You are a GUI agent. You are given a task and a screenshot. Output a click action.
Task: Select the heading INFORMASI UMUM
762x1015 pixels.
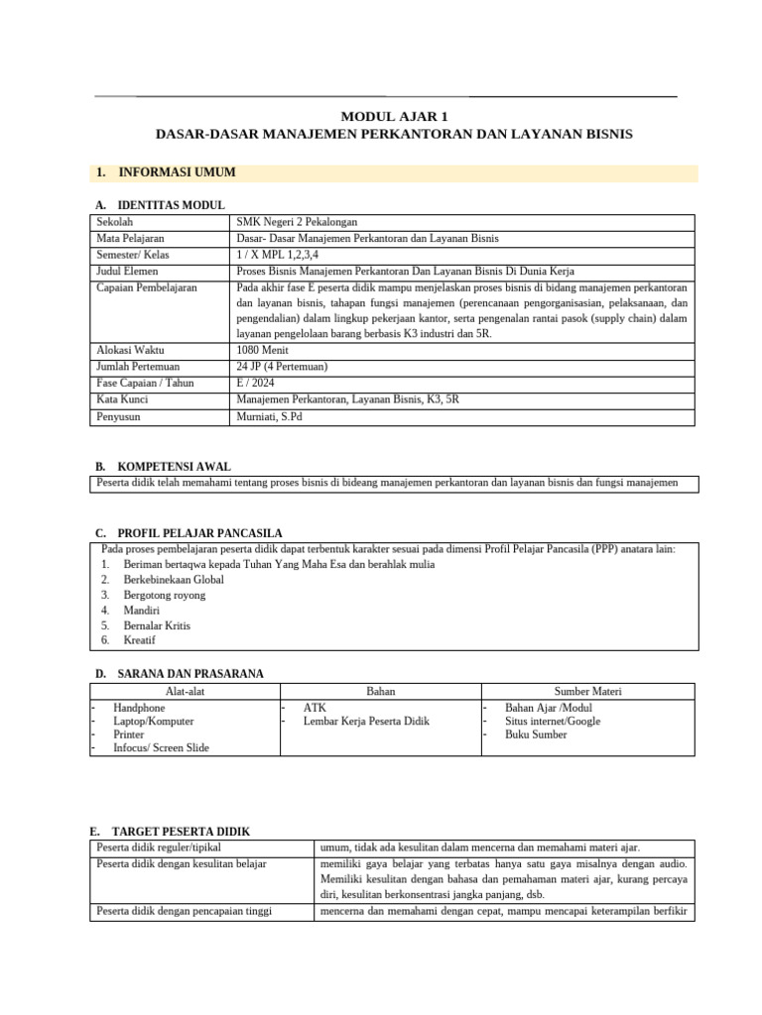177,172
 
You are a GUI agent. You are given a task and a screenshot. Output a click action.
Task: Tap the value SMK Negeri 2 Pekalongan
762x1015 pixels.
298,223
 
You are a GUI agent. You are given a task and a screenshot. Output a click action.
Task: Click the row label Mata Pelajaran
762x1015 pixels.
130,239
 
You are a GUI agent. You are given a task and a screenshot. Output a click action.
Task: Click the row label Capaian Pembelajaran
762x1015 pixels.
147,287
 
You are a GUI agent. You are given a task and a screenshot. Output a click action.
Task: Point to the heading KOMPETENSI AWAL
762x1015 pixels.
175,466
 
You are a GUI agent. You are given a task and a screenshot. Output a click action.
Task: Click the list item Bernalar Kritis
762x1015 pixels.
157,626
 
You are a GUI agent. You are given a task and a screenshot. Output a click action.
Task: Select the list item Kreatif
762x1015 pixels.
140,641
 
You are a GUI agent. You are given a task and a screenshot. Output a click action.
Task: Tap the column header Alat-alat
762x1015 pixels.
183,691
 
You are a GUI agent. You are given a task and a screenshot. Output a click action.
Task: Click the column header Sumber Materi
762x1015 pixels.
587,691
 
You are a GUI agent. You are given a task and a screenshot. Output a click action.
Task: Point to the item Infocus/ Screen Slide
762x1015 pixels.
161,748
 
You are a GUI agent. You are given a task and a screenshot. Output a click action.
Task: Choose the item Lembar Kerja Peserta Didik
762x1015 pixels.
366,722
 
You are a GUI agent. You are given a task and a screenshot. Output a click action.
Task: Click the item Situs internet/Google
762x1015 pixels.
553,722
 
